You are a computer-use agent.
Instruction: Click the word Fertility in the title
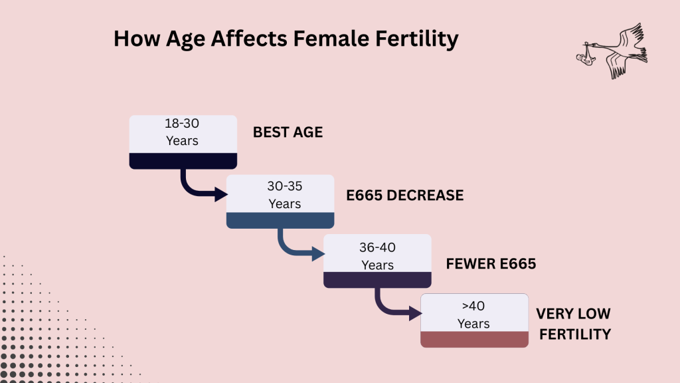coord(416,39)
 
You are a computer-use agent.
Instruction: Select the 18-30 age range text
coord(183,124)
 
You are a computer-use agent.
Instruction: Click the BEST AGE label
coord(288,132)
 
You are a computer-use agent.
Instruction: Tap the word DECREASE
coord(424,195)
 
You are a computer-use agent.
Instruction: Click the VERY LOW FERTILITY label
coord(574,324)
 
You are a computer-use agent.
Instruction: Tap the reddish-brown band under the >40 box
coord(474,338)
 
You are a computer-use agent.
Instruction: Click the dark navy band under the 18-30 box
coord(183,160)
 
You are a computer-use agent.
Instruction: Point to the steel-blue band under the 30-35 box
coord(280,220)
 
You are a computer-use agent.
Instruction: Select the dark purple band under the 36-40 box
coord(377,280)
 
